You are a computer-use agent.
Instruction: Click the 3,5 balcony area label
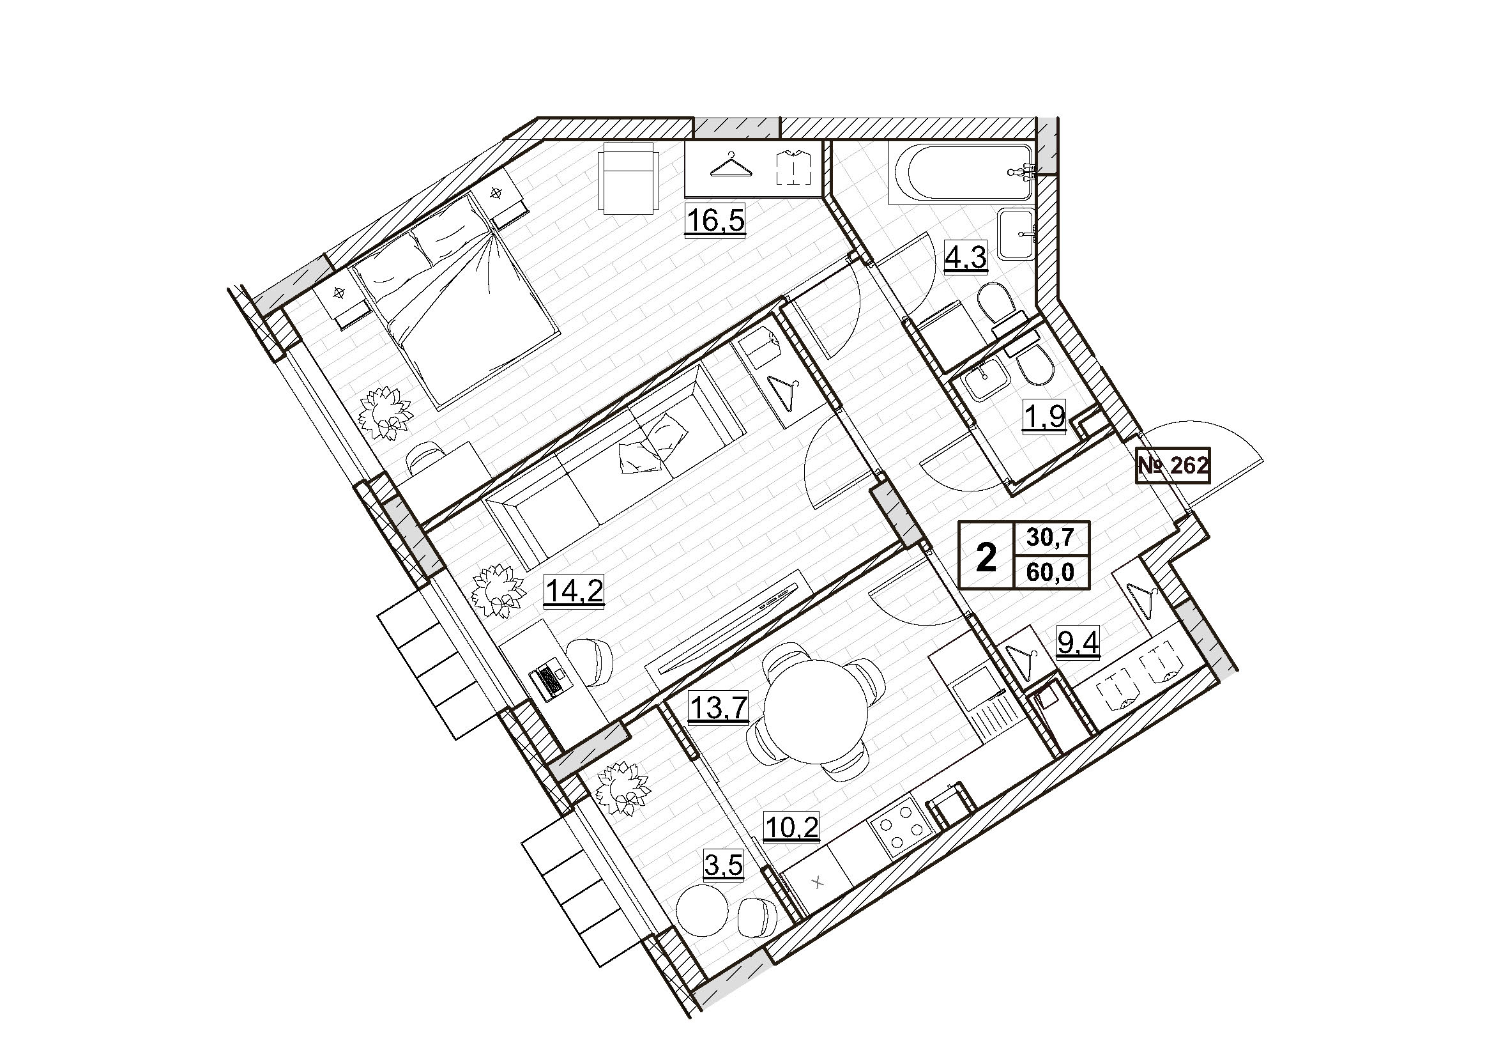tap(724, 867)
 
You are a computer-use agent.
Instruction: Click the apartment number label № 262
tap(1173, 465)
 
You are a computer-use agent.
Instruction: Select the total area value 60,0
tap(1049, 572)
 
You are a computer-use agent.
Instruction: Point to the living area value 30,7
tap(1049, 537)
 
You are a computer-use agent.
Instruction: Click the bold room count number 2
tap(987, 558)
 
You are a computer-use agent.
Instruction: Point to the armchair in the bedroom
tap(628, 178)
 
